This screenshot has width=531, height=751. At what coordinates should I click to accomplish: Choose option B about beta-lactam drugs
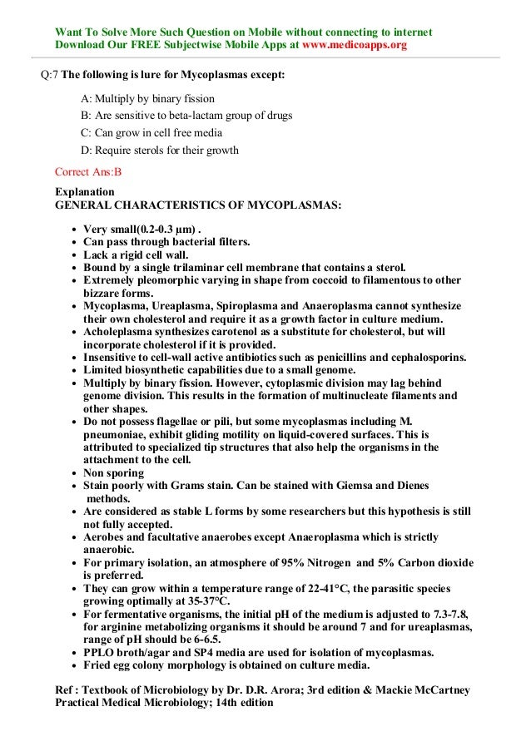(x=186, y=116)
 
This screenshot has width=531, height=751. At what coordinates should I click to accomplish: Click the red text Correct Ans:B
(x=88, y=173)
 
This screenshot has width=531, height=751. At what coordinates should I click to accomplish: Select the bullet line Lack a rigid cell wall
(x=136, y=254)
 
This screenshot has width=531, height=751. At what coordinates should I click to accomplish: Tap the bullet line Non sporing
(x=114, y=473)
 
